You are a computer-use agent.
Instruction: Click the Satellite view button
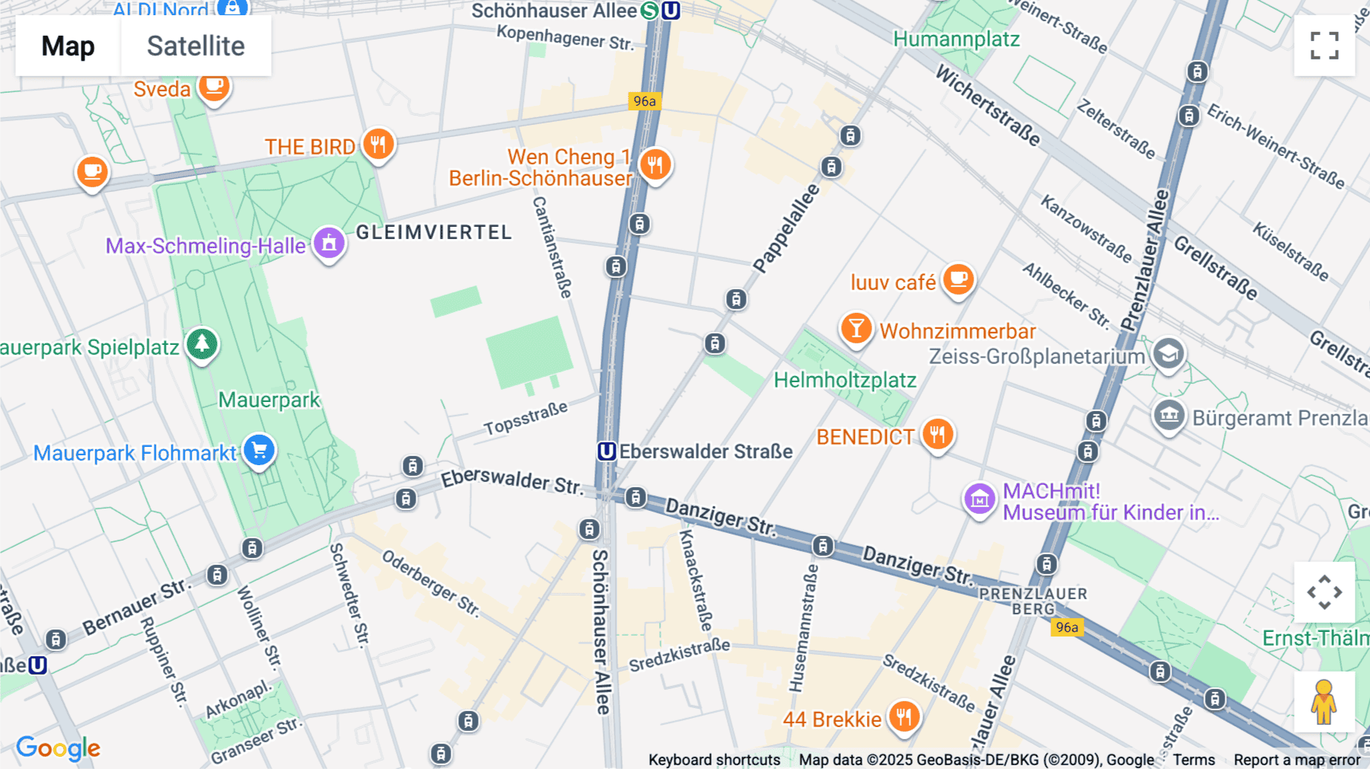click(x=196, y=46)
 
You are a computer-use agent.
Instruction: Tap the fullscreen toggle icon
click(x=1324, y=46)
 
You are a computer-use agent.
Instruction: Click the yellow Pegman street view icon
click(x=1324, y=702)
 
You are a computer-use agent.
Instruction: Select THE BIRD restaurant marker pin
click(x=378, y=143)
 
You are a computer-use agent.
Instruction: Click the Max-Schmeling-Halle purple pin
click(x=329, y=244)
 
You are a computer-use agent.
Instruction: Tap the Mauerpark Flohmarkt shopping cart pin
click(x=259, y=450)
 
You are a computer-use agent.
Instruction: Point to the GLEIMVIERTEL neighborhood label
click(x=434, y=232)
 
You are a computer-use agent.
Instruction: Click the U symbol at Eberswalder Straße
click(x=607, y=452)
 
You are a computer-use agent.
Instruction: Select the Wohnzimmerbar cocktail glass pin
click(x=856, y=328)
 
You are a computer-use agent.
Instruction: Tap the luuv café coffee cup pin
click(x=958, y=279)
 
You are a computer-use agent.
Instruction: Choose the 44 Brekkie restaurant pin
click(x=903, y=716)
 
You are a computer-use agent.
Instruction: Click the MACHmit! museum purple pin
click(x=980, y=499)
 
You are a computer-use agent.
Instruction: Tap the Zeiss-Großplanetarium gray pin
click(x=1168, y=353)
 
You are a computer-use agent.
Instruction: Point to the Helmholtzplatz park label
click(x=845, y=380)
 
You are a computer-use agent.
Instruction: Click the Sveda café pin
click(x=214, y=86)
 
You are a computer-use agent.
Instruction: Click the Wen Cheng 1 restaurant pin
click(x=655, y=164)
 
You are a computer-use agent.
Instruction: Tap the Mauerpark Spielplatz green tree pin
click(x=202, y=344)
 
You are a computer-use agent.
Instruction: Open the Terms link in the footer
click(x=1193, y=759)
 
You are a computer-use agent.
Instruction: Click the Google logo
click(x=58, y=748)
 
